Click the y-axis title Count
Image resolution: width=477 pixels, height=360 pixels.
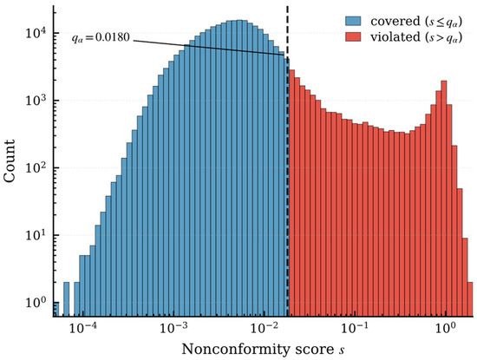pyautogui.click(x=10, y=161)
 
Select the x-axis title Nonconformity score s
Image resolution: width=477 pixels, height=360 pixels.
pyautogui.click(x=263, y=350)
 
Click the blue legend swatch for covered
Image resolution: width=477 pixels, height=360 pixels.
pyautogui.click(x=353, y=21)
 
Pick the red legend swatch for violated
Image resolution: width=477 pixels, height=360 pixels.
pyautogui.click(x=353, y=36)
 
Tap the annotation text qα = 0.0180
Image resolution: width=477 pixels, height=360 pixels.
pyautogui.click(x=101, y=37)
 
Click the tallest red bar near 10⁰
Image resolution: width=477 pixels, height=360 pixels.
pyautogui.click(x=444, y=199)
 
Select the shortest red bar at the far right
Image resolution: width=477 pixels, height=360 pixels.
pyautogui.click(x=470, y=299)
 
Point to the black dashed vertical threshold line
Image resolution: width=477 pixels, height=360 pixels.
pyautogui.click(x=288, y=161)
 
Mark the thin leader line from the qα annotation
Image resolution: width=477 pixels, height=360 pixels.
pyautogui.click(x=209, y=48)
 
